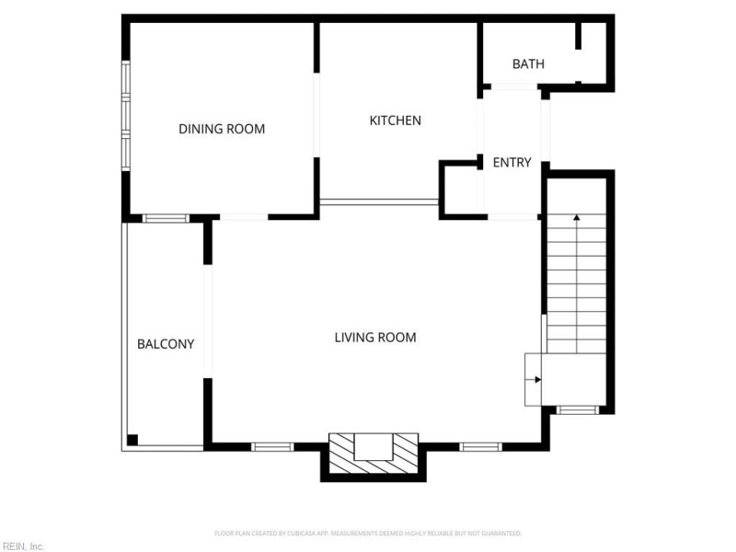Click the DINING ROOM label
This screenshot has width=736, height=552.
[222, 129]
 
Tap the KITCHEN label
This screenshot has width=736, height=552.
[395, 121]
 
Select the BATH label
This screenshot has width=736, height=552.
[528, 63]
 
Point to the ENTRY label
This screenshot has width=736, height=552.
[512, 163]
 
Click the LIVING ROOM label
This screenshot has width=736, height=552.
[374, 338]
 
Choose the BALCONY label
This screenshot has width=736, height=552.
[166, 344]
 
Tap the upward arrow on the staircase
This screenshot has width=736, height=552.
[577, 218]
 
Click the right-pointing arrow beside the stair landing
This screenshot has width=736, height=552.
[536, 379]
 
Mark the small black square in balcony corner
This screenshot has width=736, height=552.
[132, 439]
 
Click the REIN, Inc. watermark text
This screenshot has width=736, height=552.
[23, 546]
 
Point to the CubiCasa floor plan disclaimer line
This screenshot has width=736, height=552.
[368, 533]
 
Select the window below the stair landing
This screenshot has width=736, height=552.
[578, 409]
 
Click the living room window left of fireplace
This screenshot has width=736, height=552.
[272, 447]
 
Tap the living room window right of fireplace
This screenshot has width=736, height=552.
[480, 447]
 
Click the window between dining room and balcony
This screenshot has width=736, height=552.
[166, 218]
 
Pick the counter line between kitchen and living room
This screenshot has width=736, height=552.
[379, 201]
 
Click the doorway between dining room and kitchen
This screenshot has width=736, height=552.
[316, 115]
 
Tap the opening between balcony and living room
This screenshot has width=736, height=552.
[208, 321]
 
